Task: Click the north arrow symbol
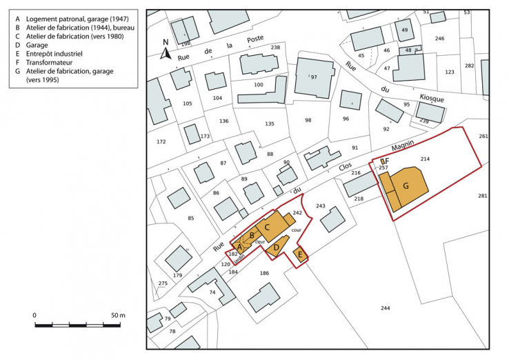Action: click(166, 50)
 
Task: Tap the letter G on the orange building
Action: click(406, 186)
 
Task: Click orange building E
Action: click(299, 255)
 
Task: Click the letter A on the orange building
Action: click(239, 246)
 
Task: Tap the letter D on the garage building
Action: click(276, 246)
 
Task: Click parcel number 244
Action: click(385, 308)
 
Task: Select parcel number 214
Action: click(425, 159)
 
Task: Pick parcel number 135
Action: click(270, 124)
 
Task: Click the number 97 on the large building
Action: click(314, 77)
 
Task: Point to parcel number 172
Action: click(161, 141)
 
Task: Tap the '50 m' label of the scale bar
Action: click(118, 315)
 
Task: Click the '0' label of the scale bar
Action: click(35, 315)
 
